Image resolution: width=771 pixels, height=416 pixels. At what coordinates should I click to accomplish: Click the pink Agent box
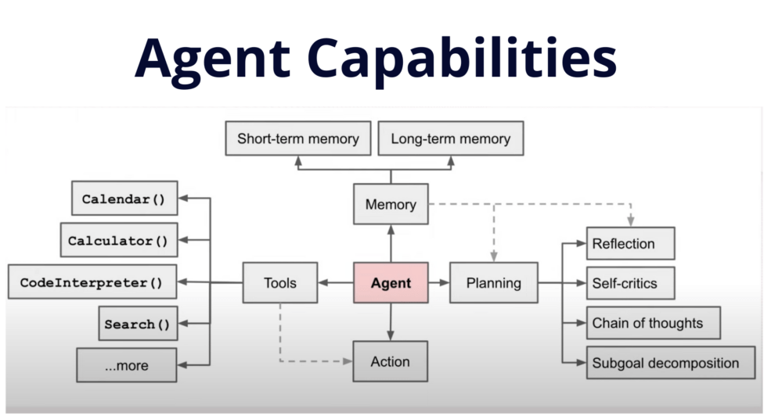pos(391,282)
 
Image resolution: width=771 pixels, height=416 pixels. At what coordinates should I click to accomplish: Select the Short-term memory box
pos(297,139)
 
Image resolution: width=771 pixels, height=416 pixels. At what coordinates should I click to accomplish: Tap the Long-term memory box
pos(451,139)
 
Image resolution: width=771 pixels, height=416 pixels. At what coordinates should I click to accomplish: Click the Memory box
pos(391,205)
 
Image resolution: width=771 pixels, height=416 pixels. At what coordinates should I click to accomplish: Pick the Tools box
pos(280,282)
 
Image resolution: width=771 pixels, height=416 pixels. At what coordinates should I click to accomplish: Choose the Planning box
pos(494,282)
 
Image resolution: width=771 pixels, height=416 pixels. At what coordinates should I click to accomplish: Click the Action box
pos(391,361)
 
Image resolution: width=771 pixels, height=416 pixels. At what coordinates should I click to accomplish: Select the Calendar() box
pos(124,199)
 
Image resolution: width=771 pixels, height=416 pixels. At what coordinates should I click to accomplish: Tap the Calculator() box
pos(118,240)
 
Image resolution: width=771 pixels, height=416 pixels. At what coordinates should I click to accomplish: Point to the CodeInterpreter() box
pos(92,282)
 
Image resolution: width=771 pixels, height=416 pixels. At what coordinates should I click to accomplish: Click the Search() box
pos(138,324)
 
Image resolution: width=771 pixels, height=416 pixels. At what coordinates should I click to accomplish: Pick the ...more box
pos(126,365)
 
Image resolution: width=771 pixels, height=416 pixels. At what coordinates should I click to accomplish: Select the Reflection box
pos(630,243)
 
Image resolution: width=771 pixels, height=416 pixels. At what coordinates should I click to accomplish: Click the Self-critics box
pos(630,283)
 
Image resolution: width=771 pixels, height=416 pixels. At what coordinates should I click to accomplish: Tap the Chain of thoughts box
pos(653,323)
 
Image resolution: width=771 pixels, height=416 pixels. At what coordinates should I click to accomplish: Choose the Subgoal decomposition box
pos(670,364)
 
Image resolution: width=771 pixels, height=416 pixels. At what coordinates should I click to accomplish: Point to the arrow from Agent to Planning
pos(439,282)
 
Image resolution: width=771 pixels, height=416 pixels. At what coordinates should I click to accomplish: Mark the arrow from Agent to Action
pos(391,321)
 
